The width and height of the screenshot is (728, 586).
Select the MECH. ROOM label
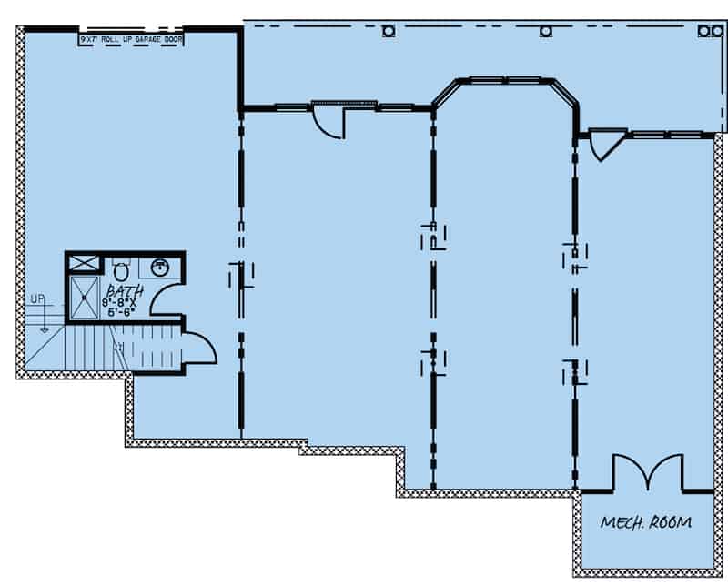[645, 522]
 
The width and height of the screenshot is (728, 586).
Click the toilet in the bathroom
[120, 268]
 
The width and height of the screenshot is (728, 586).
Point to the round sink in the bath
[160, 267]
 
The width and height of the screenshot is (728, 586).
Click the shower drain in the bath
[86, 297]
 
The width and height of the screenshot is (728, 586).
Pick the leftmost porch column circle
[389, 31]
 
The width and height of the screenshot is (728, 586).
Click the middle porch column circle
[545, 31]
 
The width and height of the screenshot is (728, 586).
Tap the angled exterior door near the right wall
[604, 145]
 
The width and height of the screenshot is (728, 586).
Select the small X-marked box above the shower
[85, 263]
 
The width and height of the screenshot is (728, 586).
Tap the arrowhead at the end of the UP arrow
[43, 329]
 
